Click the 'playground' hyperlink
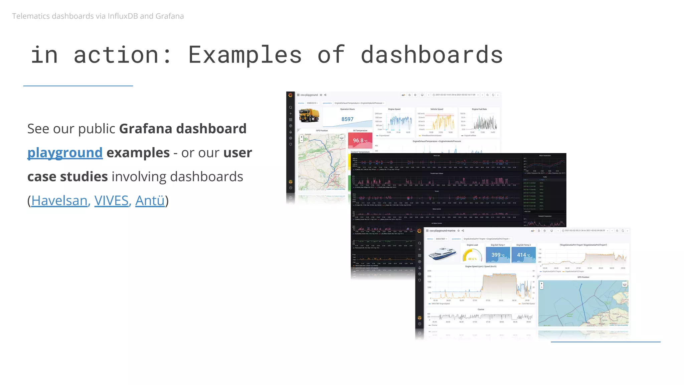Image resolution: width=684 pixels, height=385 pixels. (x=65, y=153)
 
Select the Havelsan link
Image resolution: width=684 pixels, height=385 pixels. (x=59, y=201)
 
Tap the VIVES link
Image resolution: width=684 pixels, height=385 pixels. (x=111, y=201)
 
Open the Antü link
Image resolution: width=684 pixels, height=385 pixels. (x=150, y=201)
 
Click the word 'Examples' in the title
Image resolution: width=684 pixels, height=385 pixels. (x=245, y=55)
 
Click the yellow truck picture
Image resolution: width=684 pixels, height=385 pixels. (x=309, y=116)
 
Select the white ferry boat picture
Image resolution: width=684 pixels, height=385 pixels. (x=442, y=254)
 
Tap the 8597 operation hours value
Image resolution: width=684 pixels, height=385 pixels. (x=347, y=119)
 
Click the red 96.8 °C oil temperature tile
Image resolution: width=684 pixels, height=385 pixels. (x=360, y=140)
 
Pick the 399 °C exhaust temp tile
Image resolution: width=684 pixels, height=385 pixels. (x=498, y=255)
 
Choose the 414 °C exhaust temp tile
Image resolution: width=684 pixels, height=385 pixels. (x=523, y=255)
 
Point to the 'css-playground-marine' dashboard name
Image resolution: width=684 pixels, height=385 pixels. (x=442, y=231)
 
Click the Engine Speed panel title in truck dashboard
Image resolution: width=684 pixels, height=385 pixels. (x=394, y=109)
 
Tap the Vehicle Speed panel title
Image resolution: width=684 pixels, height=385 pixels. (x=437, y=109)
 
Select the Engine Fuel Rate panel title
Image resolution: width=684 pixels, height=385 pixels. (x=479, y=109)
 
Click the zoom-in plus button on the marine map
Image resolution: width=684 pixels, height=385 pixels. (x=541, y=284)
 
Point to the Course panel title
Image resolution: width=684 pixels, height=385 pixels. (x=481, y=309)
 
